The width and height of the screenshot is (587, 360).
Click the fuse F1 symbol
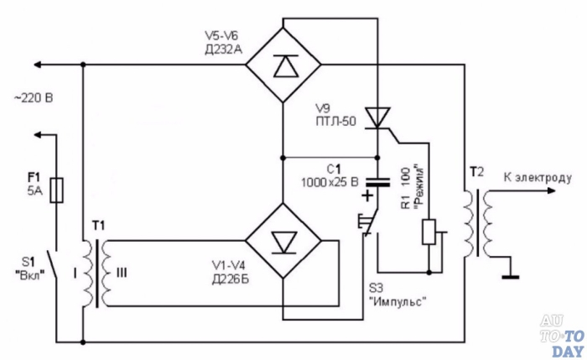tap(56, 190)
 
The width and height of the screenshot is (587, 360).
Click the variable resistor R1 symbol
tap(429, 231)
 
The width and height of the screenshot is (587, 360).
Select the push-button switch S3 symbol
tap(366, 225)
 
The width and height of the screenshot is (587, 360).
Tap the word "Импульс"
tap(404, 303)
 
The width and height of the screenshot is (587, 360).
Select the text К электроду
tap(538, 178)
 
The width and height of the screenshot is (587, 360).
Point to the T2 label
tap(476, 171)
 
